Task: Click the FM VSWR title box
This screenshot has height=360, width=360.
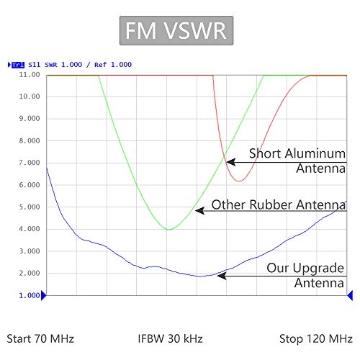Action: click(x=176, y=30)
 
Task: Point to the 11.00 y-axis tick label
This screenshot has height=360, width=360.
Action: click(x=30, y=75)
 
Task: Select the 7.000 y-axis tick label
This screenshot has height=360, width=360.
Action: click(x=30, y=163)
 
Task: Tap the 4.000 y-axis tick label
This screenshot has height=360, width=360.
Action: click(x=30, y=229)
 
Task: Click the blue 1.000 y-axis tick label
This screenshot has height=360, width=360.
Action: click(x=30, y=295)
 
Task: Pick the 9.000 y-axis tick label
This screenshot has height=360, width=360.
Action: click(x=30, y=119)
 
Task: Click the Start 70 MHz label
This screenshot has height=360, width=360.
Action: click(x=40, y=339)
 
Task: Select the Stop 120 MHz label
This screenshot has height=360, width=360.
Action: click(x=316, y=339)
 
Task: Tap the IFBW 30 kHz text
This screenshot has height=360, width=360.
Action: click(x=170, y=338)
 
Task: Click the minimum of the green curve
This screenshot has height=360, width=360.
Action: click(x=169, y=230)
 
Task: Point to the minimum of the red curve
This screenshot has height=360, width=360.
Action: click(x=239, y=181)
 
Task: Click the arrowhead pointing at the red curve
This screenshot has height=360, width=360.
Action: click(x=231, y=162)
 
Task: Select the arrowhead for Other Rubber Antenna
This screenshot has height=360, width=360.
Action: click(x=200, y=211)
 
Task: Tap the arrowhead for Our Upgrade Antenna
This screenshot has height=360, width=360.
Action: click(x=222, y=276)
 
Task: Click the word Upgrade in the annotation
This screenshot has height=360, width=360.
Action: click(x=318, y=269)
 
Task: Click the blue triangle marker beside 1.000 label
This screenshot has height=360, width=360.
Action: click(x=43, y=295)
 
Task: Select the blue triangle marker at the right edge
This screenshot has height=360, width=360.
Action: click(x=350, y=295)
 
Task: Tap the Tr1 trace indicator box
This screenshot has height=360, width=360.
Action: click(x=18, y=65)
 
